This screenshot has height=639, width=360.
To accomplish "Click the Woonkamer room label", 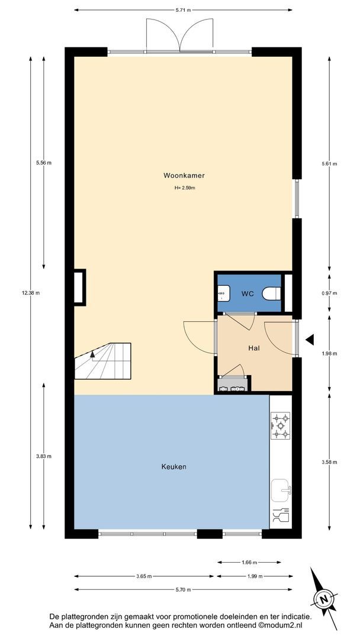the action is click(x=184, y=176).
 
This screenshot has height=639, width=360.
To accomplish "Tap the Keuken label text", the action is click(x=173, y=467).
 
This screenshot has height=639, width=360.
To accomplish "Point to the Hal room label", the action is click(x=254, y=348).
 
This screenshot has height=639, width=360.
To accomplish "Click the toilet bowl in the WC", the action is click(x=272, y=293).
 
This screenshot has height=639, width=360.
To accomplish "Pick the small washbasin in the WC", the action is click(x=223, y=293).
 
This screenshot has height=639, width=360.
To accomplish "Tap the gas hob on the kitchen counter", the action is click(x=281, y=425).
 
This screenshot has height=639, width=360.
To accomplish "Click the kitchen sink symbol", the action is click(x=281, y=490).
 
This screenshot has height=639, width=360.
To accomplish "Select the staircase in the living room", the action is click(x=103, y=361).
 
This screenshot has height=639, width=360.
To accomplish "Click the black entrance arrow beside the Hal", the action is click(x=310, y=339).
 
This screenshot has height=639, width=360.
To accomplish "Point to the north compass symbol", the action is click(x=324, y=599).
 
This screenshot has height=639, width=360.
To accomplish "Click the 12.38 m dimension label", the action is click(x=31, y=293).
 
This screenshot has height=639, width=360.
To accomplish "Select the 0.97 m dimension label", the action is click(x=329, y=293).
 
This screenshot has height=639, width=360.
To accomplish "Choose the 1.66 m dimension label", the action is click(x=249, y=563).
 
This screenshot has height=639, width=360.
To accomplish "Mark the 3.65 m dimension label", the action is click(x=144, y=576).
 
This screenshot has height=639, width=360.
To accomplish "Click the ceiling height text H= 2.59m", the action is click(x=185, y=188).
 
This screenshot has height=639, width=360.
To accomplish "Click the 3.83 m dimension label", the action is click(x=44, y=456).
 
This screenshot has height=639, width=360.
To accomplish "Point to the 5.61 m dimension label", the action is click(x=329, y=164).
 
